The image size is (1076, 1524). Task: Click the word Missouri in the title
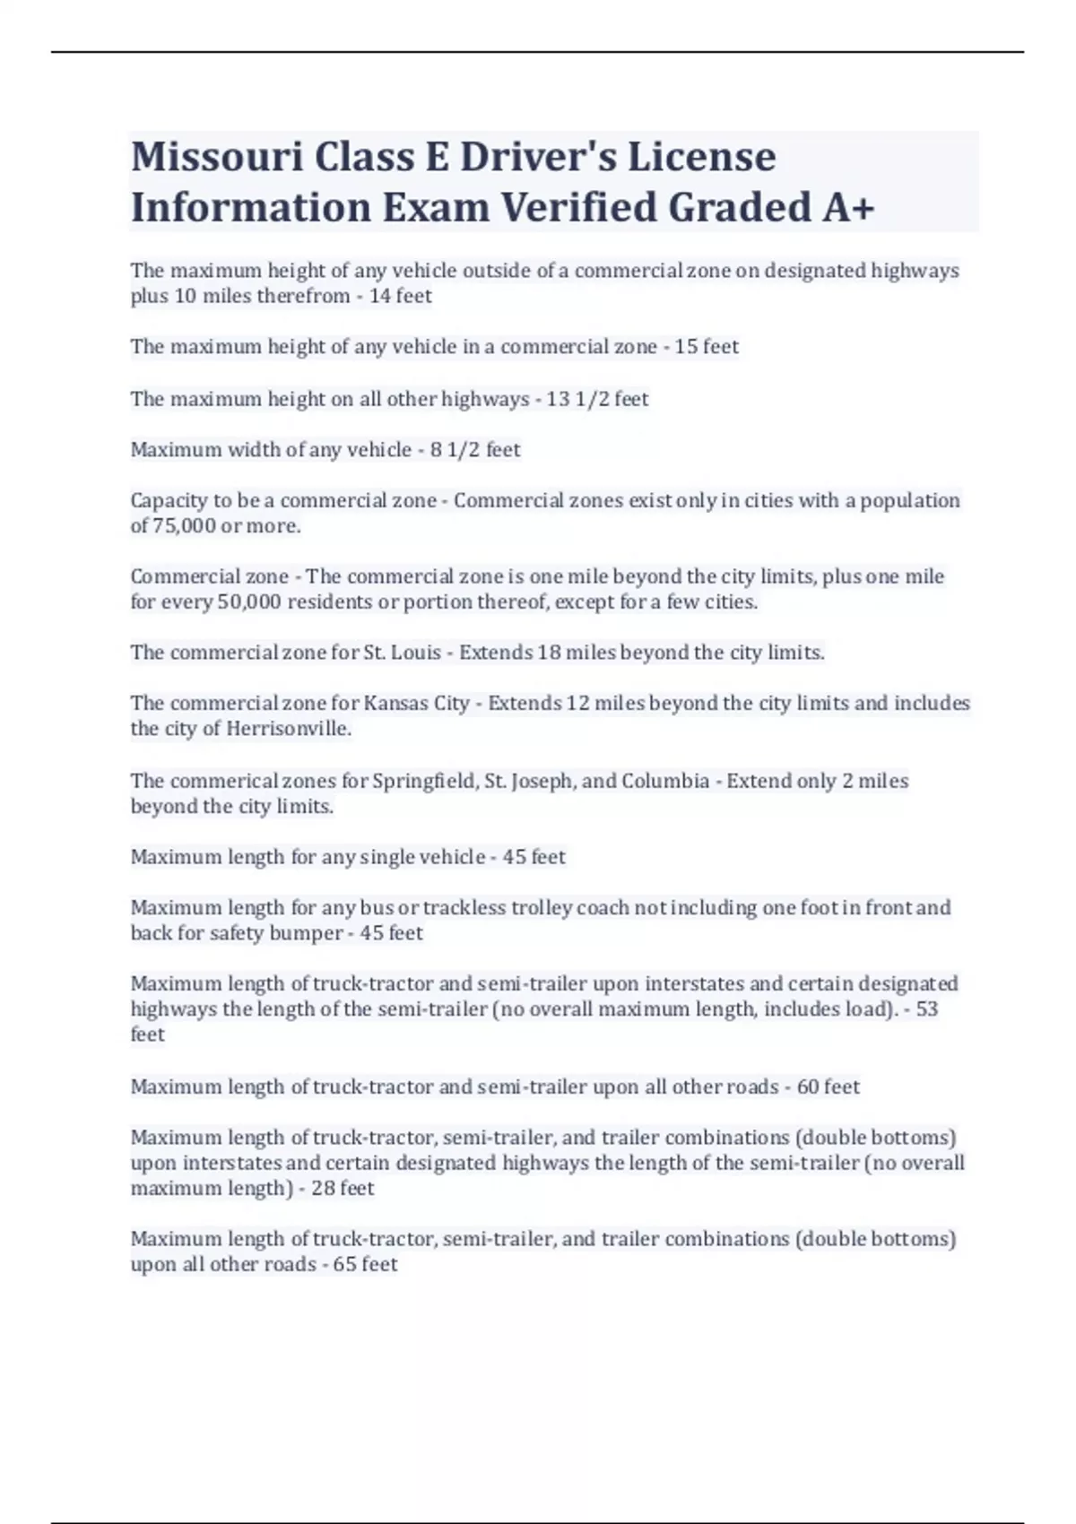[x=216, y=158]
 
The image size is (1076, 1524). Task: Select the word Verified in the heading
[x=578, y=208]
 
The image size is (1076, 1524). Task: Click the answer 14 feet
[x=400, y=296]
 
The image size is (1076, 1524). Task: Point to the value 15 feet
[x=707, y=347]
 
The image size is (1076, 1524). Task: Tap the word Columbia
[x=665, y=781]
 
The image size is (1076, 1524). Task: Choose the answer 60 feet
[x=828, y=1087]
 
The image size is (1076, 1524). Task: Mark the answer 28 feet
[x=343, y=1189]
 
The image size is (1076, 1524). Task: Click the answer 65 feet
[x=365, y=1265]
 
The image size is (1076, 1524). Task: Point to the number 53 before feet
[x=926, y=1009]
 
